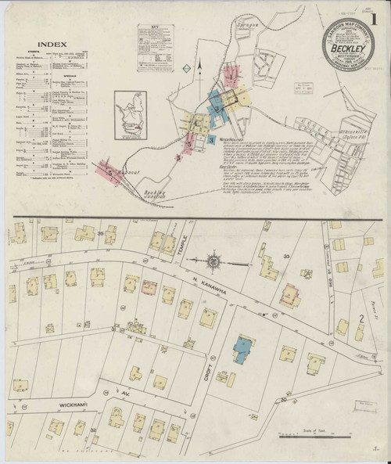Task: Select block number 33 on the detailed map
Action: [286, 256]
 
